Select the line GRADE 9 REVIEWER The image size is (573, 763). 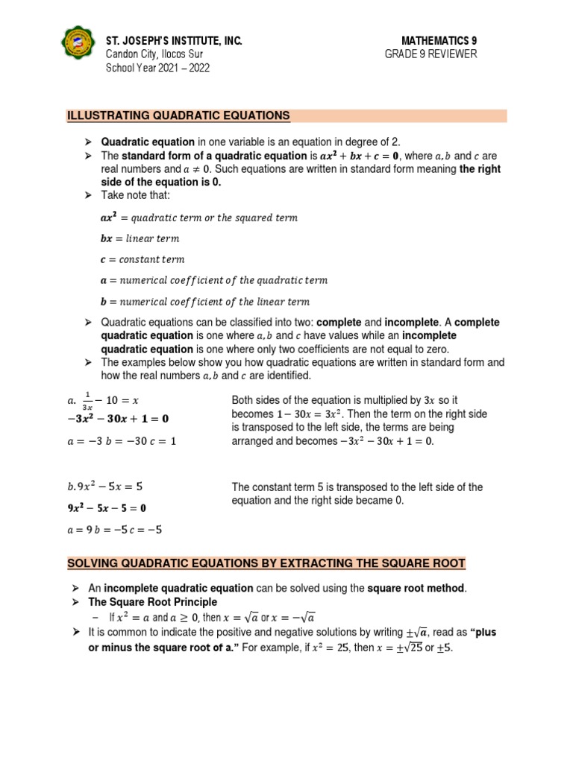tap(430, 54)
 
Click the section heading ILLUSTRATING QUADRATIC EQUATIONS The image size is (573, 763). tap(178, 115)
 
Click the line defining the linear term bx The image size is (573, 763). tap(140, 238)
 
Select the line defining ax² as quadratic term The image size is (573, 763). tap(198, 218)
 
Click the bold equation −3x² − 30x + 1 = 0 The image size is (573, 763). tap(118, 419)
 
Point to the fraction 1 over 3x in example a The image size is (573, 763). tap(87, 402)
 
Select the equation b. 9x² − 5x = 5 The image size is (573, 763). tap(104, 487)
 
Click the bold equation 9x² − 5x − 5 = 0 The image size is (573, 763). tap(107, 508)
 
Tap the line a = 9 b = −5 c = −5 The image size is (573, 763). tap(114, 530)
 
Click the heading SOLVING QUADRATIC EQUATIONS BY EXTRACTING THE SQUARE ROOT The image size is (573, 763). tap(266, 563)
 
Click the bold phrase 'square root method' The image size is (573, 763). tap(416, 589)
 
